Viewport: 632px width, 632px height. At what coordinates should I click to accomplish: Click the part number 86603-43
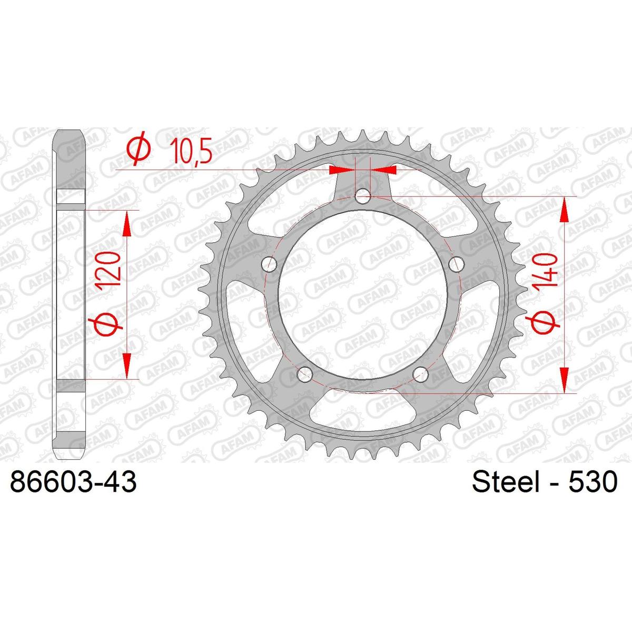click(74, 482)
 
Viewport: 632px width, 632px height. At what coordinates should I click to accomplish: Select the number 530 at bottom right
click(588, 482)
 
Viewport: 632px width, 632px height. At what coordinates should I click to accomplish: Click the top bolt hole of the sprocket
click(363, 197)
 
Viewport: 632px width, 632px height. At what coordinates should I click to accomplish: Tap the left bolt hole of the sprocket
click(270, 263)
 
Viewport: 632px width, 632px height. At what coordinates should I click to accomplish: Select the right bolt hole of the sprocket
click(455, 263)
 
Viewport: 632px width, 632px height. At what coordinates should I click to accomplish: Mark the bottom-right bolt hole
click(420, 374)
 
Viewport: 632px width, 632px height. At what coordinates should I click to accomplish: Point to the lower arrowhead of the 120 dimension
click(126, 366)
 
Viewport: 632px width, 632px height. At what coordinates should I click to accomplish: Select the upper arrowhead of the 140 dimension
click(564, 210)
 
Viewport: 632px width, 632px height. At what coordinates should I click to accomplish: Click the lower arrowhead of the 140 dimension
click(564, 379)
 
